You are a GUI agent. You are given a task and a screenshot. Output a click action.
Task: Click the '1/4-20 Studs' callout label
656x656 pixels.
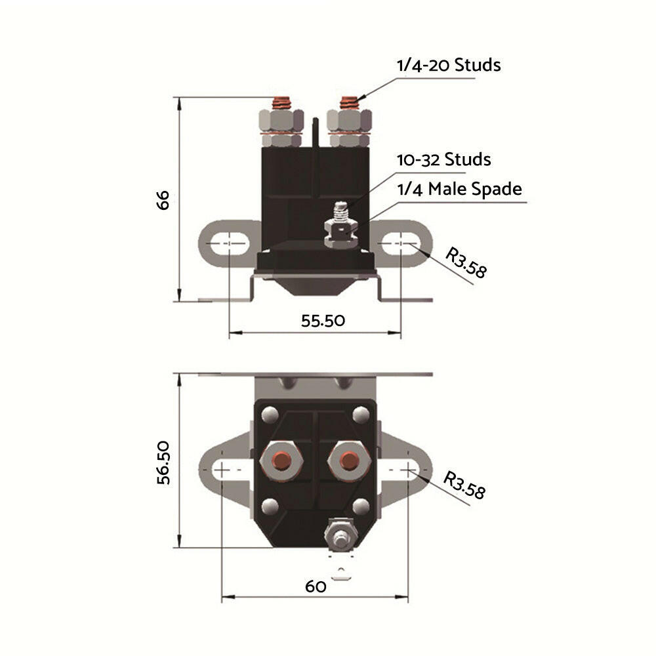point(448,66)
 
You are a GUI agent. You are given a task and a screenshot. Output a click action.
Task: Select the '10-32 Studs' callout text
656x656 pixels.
point(443,159)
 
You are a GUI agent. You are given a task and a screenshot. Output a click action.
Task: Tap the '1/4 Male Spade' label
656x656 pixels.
point(459,189)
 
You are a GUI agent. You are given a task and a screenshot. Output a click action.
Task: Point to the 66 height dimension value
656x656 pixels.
point(163,199)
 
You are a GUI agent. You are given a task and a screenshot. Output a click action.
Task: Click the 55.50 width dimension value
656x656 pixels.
point(323,320)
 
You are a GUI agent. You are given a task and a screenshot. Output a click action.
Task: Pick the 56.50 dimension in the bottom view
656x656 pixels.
point(163,462)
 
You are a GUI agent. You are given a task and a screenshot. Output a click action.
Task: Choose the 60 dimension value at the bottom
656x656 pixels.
point(316,586)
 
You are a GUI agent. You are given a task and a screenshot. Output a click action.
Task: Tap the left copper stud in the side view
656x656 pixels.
point(281,103)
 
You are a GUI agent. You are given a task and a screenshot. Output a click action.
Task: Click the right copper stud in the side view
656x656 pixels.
point(350,103)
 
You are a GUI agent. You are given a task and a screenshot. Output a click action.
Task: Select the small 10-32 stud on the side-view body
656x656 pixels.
point(338,213)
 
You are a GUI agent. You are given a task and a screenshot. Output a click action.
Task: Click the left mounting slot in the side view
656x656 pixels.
point(227,243)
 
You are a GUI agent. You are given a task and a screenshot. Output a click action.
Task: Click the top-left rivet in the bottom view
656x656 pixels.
point(268,415)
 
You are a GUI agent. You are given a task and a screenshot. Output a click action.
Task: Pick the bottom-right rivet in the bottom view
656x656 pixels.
point(360,506)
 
